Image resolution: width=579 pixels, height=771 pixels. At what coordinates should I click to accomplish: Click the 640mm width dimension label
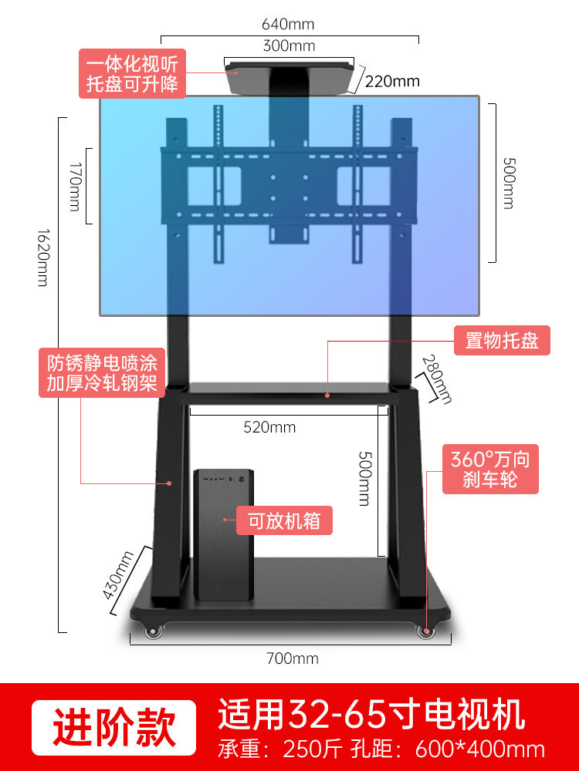289,25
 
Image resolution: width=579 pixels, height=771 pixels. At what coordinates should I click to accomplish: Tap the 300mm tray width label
289,45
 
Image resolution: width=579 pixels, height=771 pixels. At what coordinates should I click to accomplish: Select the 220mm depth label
392,81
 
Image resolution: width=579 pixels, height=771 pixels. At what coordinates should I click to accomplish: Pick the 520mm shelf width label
269,427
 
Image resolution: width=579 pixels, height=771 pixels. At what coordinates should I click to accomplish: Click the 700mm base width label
292,658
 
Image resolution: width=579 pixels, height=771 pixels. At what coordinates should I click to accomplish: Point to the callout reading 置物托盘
501,340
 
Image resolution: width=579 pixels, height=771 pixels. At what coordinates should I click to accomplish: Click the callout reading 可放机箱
284,520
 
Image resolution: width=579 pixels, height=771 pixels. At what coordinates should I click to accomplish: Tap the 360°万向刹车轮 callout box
490,470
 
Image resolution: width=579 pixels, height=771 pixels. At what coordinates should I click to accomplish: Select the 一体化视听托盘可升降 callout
132,73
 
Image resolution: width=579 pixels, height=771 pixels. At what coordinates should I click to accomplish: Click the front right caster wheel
425,631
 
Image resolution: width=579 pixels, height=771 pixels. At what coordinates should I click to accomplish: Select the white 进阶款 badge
113,727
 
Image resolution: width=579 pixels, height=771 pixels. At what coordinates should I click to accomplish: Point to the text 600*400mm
480,749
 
